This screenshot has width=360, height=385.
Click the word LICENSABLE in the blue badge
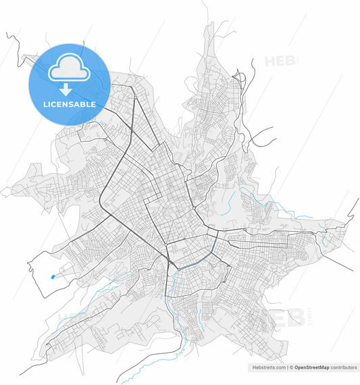70,105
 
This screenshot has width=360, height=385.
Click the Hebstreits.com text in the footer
268,367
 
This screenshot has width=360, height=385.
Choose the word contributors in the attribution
344,367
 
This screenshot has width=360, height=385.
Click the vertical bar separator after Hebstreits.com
288,367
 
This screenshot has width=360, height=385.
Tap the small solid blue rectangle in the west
53,276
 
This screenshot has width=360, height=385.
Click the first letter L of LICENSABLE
45,105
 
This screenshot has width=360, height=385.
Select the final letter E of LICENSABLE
93,105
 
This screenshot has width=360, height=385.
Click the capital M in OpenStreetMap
322,367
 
